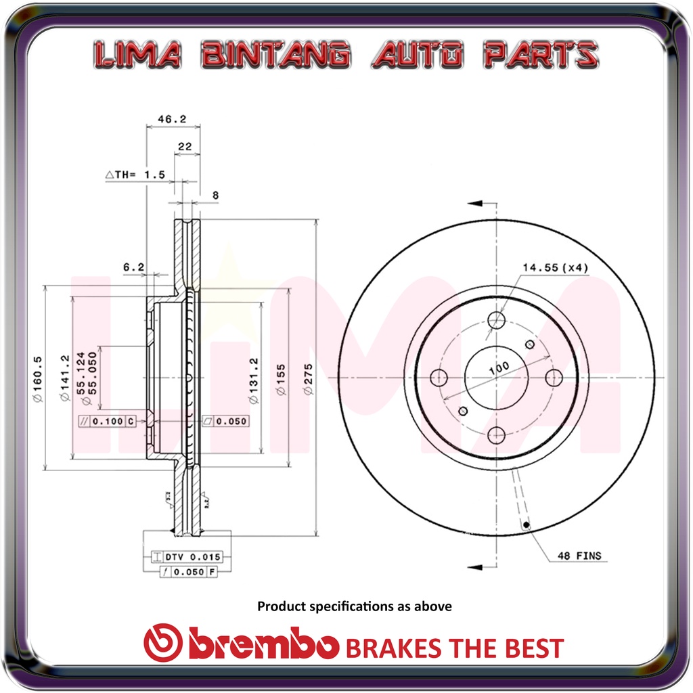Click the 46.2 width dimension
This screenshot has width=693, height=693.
tap(172, 118)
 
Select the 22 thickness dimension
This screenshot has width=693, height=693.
tap(185, 146)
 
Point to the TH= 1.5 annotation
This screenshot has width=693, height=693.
tap(135, 175)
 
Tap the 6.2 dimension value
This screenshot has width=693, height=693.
tap(133, 267)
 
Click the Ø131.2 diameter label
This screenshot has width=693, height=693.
tap(253, 381)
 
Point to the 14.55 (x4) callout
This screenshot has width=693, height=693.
tap(555, 267)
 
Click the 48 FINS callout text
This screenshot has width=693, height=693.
tap(579, 556)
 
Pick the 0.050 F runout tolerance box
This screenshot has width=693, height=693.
tap(189, 572)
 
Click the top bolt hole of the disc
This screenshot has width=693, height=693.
tap(497, 320)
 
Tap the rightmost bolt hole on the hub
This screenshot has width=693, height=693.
tap(554, 377)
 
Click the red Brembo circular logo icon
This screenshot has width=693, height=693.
tap(163, 642)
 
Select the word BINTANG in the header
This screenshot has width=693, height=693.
tap(275, 55)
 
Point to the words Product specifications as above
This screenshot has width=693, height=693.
tap(354, 606)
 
